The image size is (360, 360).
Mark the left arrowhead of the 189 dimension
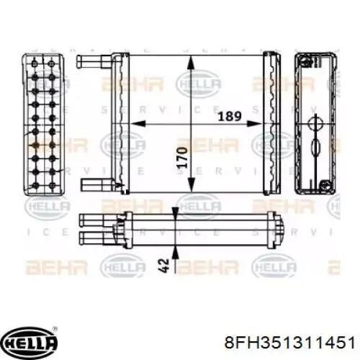130,124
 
